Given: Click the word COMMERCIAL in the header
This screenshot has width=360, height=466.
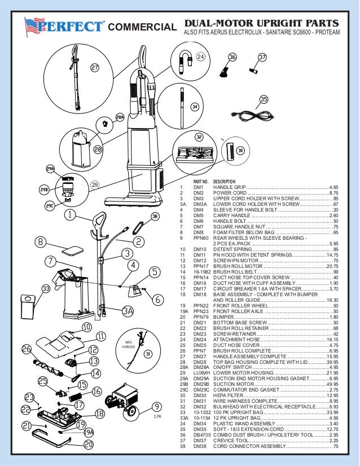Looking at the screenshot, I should (142, 28).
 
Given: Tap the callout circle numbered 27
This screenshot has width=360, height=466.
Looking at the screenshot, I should (95, 68).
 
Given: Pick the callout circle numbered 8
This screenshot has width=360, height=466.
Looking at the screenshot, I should (40, 242).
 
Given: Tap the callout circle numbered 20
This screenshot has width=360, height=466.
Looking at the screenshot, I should (87, 445).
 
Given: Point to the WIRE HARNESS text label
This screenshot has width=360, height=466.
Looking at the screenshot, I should (129, 344).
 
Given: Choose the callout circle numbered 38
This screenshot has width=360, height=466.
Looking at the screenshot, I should (155, 216).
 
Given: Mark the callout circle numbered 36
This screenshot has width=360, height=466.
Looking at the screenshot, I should (232, 57).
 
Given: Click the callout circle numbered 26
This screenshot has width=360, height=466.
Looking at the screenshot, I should (27, 349).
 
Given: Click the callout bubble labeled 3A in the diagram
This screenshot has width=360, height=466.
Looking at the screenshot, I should (128, 311).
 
